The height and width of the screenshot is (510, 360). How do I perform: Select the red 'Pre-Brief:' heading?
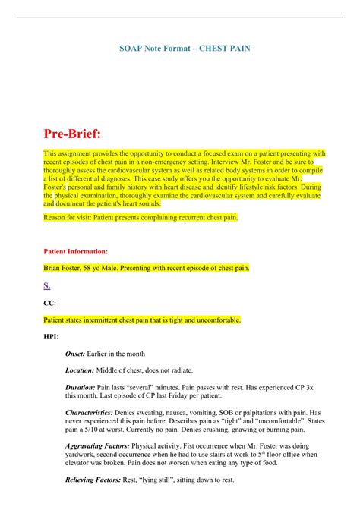click(75, 134)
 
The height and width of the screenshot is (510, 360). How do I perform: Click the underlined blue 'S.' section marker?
click(47, 285)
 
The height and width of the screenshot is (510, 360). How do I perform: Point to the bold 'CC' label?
click(49, 302)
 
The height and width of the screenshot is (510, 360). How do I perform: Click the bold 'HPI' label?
click(51, 335)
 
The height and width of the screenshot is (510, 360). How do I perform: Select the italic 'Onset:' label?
click(79, 354)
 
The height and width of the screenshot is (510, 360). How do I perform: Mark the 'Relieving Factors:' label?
click(96, 480)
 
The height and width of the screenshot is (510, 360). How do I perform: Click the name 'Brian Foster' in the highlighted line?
click(65, 268)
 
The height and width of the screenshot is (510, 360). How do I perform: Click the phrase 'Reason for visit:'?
click(68, 217)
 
